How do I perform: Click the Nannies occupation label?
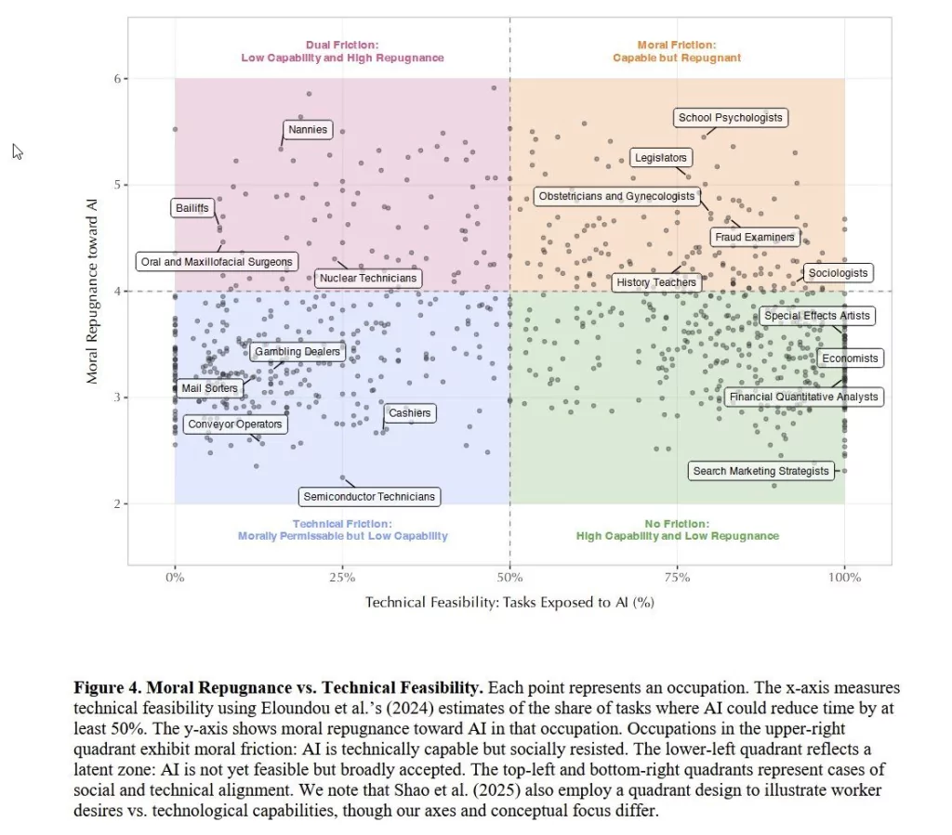coord(308,130)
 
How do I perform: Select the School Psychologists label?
coord(730,118)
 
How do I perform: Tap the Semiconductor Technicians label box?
coord(369,497)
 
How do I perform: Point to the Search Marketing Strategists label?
coord(760,471)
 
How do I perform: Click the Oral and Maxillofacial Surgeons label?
coord(217,262)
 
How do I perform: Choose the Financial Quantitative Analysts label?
coord(803,397)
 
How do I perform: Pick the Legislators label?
coord(660,158)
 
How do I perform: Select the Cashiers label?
coord(409,413)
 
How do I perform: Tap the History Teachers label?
coord(655,282)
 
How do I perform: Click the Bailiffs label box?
coord(192,208)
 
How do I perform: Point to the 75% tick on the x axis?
coord(677,578)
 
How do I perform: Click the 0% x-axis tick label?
coord(175,578)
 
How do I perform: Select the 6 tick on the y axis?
coord(118,79)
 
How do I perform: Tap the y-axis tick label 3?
coord(118,398)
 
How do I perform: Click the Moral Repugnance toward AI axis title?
coord(92,291)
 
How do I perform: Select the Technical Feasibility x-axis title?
coord(509,602)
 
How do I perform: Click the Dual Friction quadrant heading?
coord(342,51)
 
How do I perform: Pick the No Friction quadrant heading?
coord(677,530)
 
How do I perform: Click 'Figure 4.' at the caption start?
coord(104,688)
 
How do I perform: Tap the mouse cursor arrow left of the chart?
coord(17,150)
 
